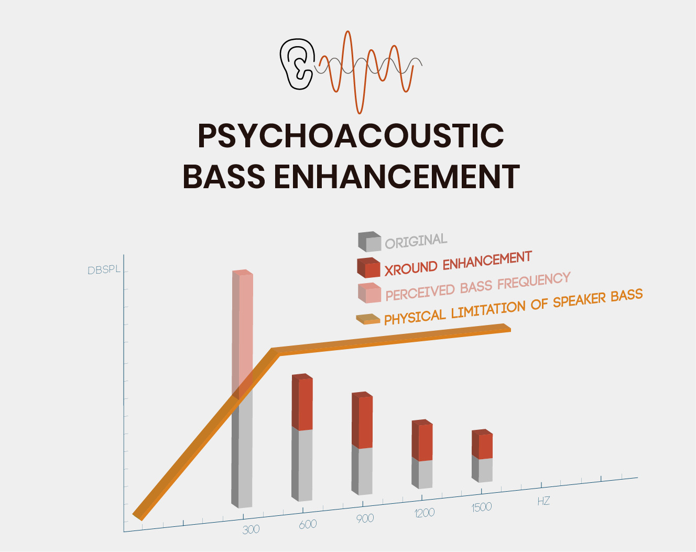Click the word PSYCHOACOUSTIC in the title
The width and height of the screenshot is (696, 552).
click(351, 136)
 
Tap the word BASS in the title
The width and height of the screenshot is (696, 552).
click(224, 176)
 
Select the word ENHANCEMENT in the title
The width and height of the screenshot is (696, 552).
click(397, 176)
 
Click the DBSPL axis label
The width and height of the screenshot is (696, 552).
click(104, 270)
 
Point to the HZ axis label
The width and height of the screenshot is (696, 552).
click(543, 501)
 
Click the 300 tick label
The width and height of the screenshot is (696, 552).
click(251, 529)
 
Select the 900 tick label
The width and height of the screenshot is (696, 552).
click(365, 518)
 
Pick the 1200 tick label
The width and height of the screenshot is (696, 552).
click(425, 513)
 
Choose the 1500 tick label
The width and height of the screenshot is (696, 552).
click(482, 507)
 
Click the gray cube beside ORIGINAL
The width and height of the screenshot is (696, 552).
click(369, 242)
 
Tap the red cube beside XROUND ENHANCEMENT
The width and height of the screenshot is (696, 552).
click(368, 267)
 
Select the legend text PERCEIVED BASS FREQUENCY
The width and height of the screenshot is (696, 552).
click(478, 287)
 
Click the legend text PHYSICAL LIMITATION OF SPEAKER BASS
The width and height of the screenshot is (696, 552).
click(513, 307)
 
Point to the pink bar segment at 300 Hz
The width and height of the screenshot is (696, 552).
click(243, 333)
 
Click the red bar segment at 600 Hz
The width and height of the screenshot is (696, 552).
click(302, 402)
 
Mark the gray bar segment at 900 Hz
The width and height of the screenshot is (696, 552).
click(362, 470)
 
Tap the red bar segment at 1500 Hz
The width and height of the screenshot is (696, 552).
click(482, 444)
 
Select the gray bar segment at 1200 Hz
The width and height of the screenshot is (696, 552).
click(422, 473)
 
